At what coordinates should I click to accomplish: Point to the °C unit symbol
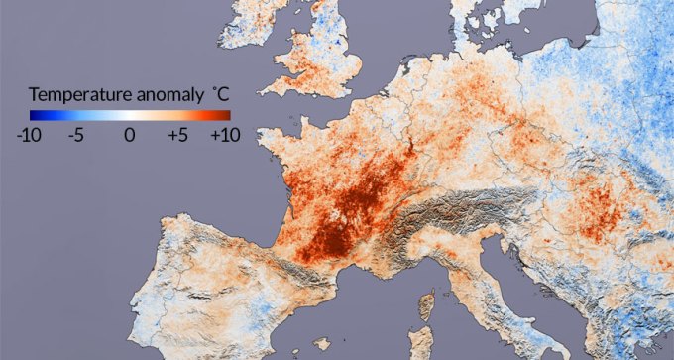[219, 94]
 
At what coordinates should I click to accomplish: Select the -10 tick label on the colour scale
[29, 136]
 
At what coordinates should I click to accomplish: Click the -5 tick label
[75, 136]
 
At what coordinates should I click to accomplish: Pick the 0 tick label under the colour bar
[128, 136]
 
